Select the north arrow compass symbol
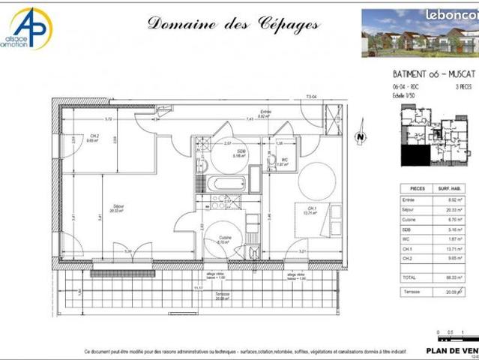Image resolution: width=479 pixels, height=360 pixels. coord(360,137)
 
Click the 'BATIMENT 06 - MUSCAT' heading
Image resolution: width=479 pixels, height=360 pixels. coord(428,75)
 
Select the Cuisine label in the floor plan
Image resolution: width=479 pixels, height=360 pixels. coord(224,240)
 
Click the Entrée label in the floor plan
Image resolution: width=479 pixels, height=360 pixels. coord(264,114)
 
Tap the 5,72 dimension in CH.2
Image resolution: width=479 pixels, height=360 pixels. coord(108,119)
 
